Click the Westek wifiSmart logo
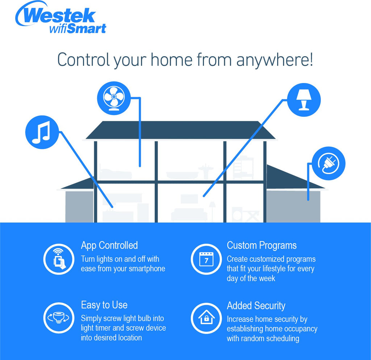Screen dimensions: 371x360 (x=61, y=17)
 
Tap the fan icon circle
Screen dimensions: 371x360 (x=114, y=98)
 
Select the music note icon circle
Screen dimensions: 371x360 (x=42, y=132)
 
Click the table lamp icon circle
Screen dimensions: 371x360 (x=304, y=100)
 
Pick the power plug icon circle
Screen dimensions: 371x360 (x=329, y=163)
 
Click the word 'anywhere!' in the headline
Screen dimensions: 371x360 (x=275, y=60)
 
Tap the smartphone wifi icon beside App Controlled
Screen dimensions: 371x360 (x=59, y=259)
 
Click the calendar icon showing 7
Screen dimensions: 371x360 (x=206, y=259)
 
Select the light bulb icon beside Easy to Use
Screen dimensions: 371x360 (x=59, y=318)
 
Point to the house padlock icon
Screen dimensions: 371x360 (x=206, y=318)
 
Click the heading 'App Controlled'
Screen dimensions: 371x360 (x=109, y=246)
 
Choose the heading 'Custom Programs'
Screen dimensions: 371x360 (x=262, y=246)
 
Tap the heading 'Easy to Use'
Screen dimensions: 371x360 (x=104, y=305)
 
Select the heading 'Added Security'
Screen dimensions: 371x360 (x=256, y=306)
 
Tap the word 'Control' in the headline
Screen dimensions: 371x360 (x=84, y=60)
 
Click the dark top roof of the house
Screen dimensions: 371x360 (x=180, y=130)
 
